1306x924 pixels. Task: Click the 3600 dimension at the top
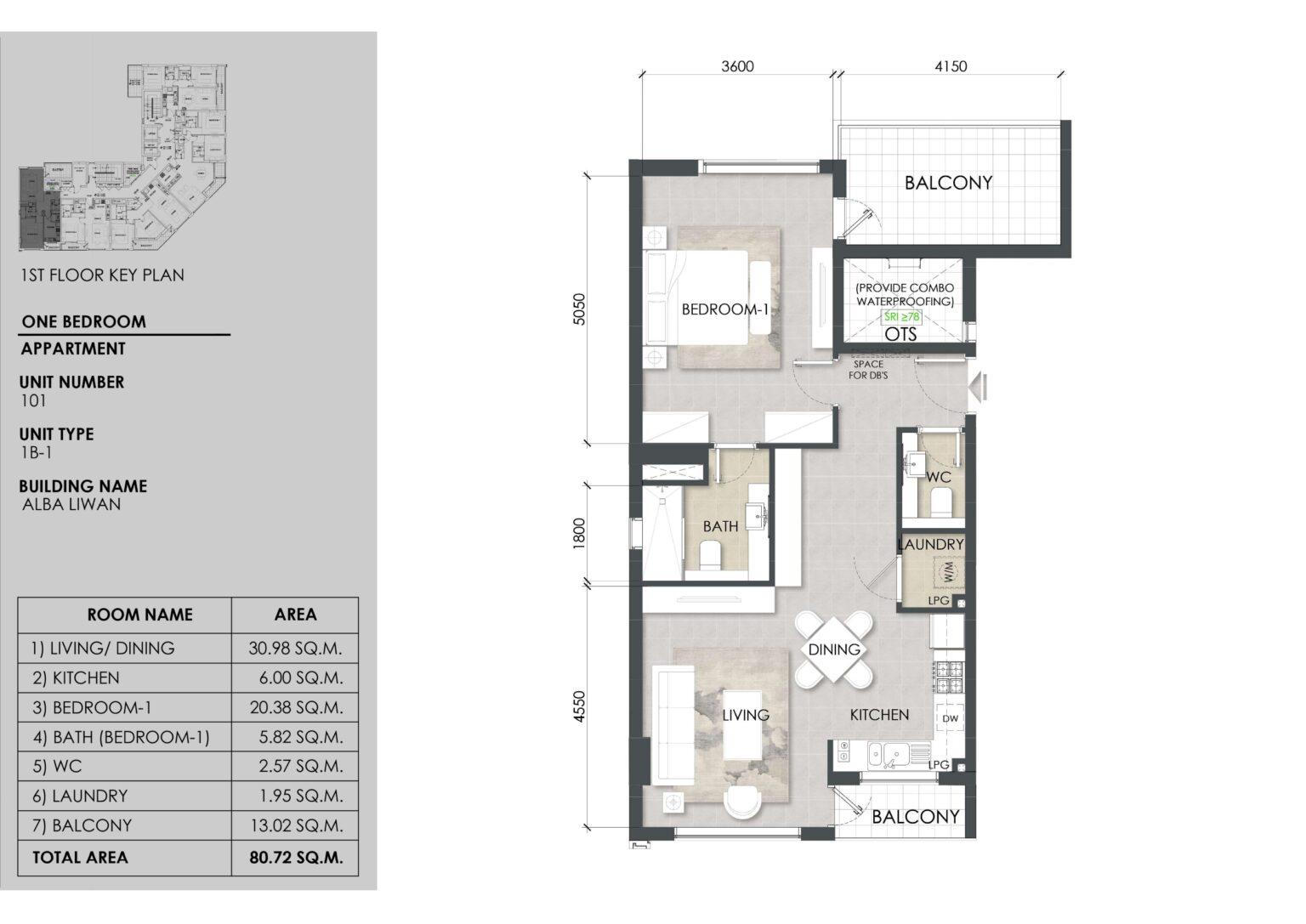737,67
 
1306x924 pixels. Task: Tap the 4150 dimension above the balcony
950,67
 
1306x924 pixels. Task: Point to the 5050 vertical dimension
580,309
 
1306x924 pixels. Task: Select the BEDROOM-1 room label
724,310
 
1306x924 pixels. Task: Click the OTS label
900,334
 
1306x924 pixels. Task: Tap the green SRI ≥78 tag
902,316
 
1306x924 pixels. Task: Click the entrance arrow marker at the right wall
979,387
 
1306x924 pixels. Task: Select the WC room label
939,478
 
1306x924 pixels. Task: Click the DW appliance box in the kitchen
950,719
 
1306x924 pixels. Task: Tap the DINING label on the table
834,649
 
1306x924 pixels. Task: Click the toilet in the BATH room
709,558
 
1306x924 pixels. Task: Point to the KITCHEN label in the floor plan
879,715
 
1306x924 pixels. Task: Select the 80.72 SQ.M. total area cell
296,858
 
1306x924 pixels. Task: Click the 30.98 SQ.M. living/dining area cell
296,649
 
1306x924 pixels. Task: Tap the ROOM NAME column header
139,615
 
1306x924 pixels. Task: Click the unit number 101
33,401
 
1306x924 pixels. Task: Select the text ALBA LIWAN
71,504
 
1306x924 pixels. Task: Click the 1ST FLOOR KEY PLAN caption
101,275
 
